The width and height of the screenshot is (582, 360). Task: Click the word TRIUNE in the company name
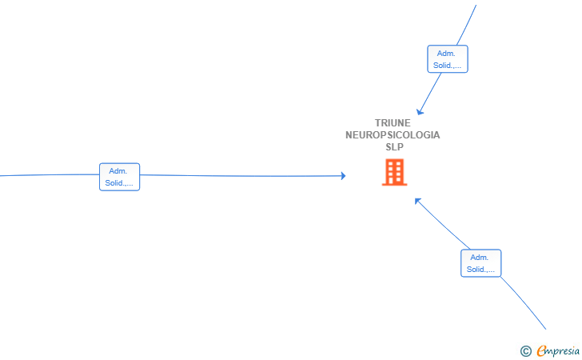coord(393,123)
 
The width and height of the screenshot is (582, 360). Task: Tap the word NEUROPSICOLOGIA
coord(393,135)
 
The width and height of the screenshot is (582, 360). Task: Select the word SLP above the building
coord(394,146)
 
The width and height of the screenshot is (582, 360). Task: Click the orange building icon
coord(395,172)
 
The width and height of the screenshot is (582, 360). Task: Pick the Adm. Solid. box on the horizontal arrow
coord(120,177)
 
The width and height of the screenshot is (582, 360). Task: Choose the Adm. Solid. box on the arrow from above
coord(448,59)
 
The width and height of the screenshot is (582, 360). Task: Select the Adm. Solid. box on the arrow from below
coord(481,263)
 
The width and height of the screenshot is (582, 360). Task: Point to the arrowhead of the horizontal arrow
coord(344,176)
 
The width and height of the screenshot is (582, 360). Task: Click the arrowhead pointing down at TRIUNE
coord(419,112)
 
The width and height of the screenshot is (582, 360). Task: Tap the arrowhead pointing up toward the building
coord(417,201)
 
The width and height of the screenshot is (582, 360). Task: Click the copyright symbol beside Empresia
coord(525,351)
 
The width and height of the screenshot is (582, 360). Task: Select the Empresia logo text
coord(558,351)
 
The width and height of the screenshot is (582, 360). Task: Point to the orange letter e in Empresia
coord(541,350)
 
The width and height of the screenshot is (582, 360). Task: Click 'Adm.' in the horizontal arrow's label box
coord(118,171)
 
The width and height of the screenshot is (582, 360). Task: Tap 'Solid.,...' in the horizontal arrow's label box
coord(119,182)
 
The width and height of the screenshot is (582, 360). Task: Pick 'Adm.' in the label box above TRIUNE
coord(446,53)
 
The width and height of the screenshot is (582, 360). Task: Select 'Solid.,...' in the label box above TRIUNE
coord(447,65)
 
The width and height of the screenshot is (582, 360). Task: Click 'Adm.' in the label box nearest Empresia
coord(480,257)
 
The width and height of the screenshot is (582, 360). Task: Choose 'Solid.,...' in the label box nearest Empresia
coord(480,269)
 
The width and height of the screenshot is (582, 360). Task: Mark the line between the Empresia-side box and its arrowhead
coord(443,224)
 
